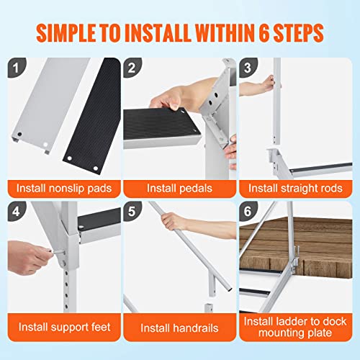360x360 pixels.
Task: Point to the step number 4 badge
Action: pos(16,213)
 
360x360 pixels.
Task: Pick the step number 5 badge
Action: pos(132,213)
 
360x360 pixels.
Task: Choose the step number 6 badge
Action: pos(248,213)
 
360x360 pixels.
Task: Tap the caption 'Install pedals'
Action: pos(179,189)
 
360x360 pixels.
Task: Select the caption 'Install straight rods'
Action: pos(295,189)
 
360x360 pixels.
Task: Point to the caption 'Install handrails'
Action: pos(179,328)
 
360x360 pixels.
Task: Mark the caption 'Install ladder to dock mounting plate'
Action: pos(295,328)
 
